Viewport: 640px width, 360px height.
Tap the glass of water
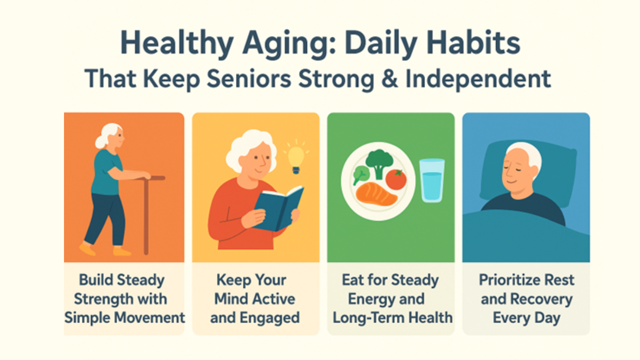click(432, 181)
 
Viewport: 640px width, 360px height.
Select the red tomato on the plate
click(396, 179)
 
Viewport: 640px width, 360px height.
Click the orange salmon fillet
click(376, 195)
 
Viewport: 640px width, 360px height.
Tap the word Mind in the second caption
click(232, 299)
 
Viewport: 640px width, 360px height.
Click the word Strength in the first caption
click(103, 299)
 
